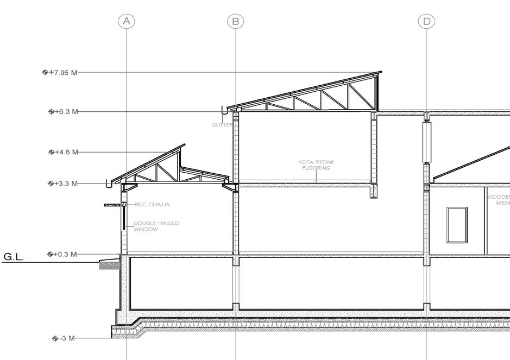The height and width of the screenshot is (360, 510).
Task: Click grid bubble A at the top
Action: pyautogui.click(x=127, y=21)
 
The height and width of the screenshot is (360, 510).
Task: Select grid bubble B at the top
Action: pyautogui.click(x=235, y=21)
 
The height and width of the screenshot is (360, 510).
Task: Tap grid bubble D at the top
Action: pyautogui.click(x=426, y=21)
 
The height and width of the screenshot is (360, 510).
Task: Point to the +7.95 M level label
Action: pyautogui.click(x=62, y=72)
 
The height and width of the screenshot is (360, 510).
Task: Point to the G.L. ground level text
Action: pyautogui.click(x=14, y=256)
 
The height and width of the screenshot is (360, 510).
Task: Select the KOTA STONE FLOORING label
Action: pyautogui.click(x=316, y=165)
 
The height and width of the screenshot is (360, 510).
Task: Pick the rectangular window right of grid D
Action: pyautogui.click(x=457, y=224)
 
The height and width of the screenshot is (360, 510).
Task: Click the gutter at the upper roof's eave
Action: pyautogui.click(x=226, y=112)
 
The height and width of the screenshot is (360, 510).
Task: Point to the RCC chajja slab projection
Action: pyautogui.click(x=114, y=205)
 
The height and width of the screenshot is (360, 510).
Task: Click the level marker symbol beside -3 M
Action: pyautogui.click(x=55, y=338)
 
